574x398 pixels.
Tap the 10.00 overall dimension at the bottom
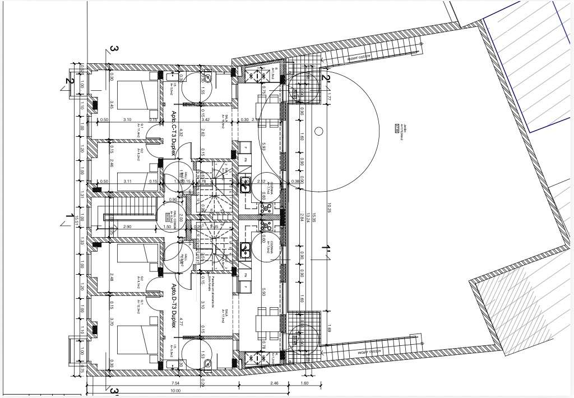click(x=175, y=391)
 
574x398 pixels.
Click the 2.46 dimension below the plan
click(x=274, y=383)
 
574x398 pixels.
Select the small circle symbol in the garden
click(x=318, y=132)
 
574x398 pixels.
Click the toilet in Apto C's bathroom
click(x=207, y=79)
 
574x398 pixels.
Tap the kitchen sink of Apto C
click(x=245, y=182)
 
